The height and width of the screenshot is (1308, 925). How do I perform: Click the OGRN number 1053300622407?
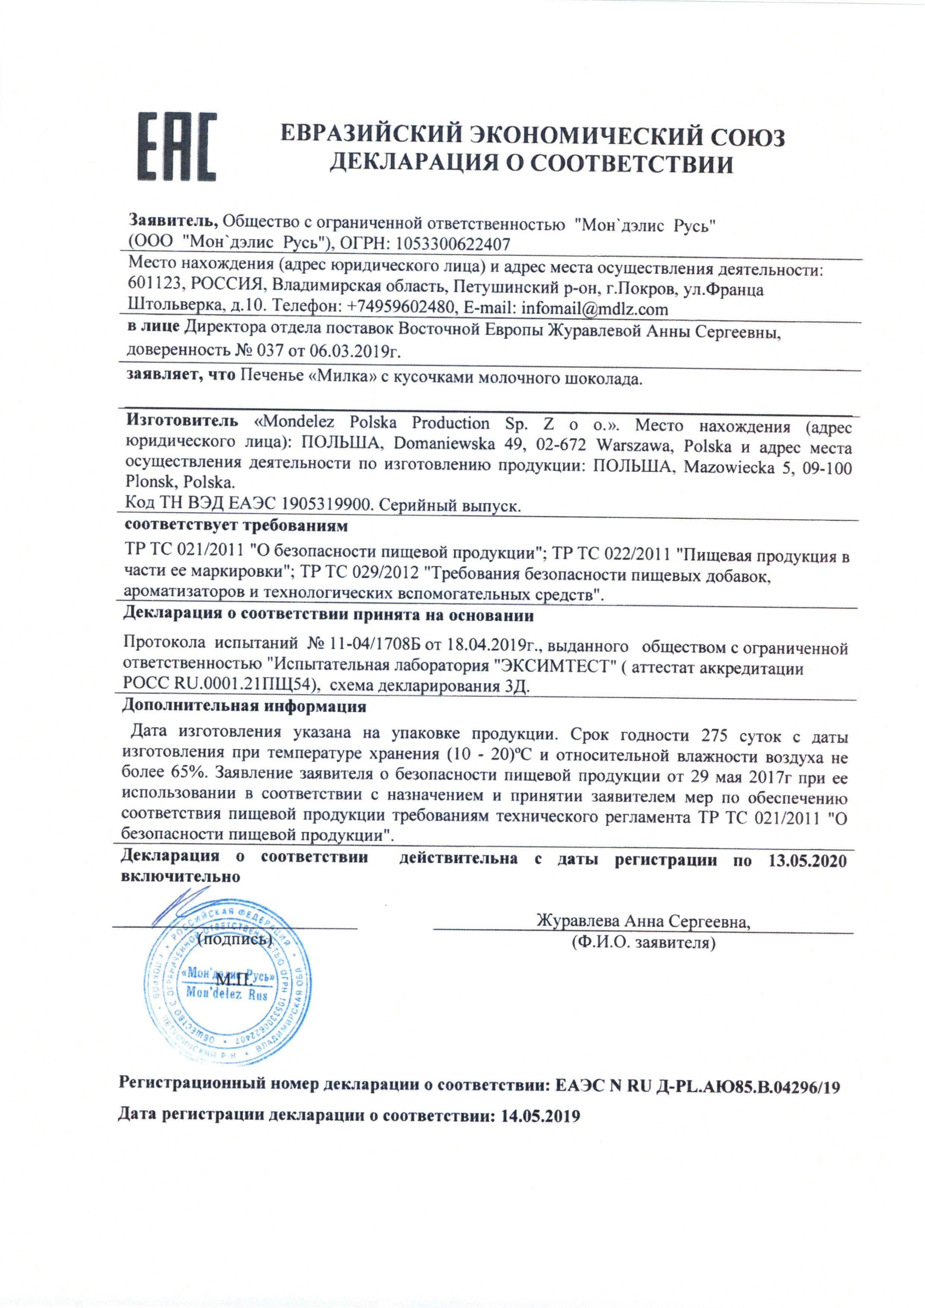coord(453,244)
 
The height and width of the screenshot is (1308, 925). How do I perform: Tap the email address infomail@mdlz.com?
coord(595,309)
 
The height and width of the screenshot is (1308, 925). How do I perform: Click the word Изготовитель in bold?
coord(182,422)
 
